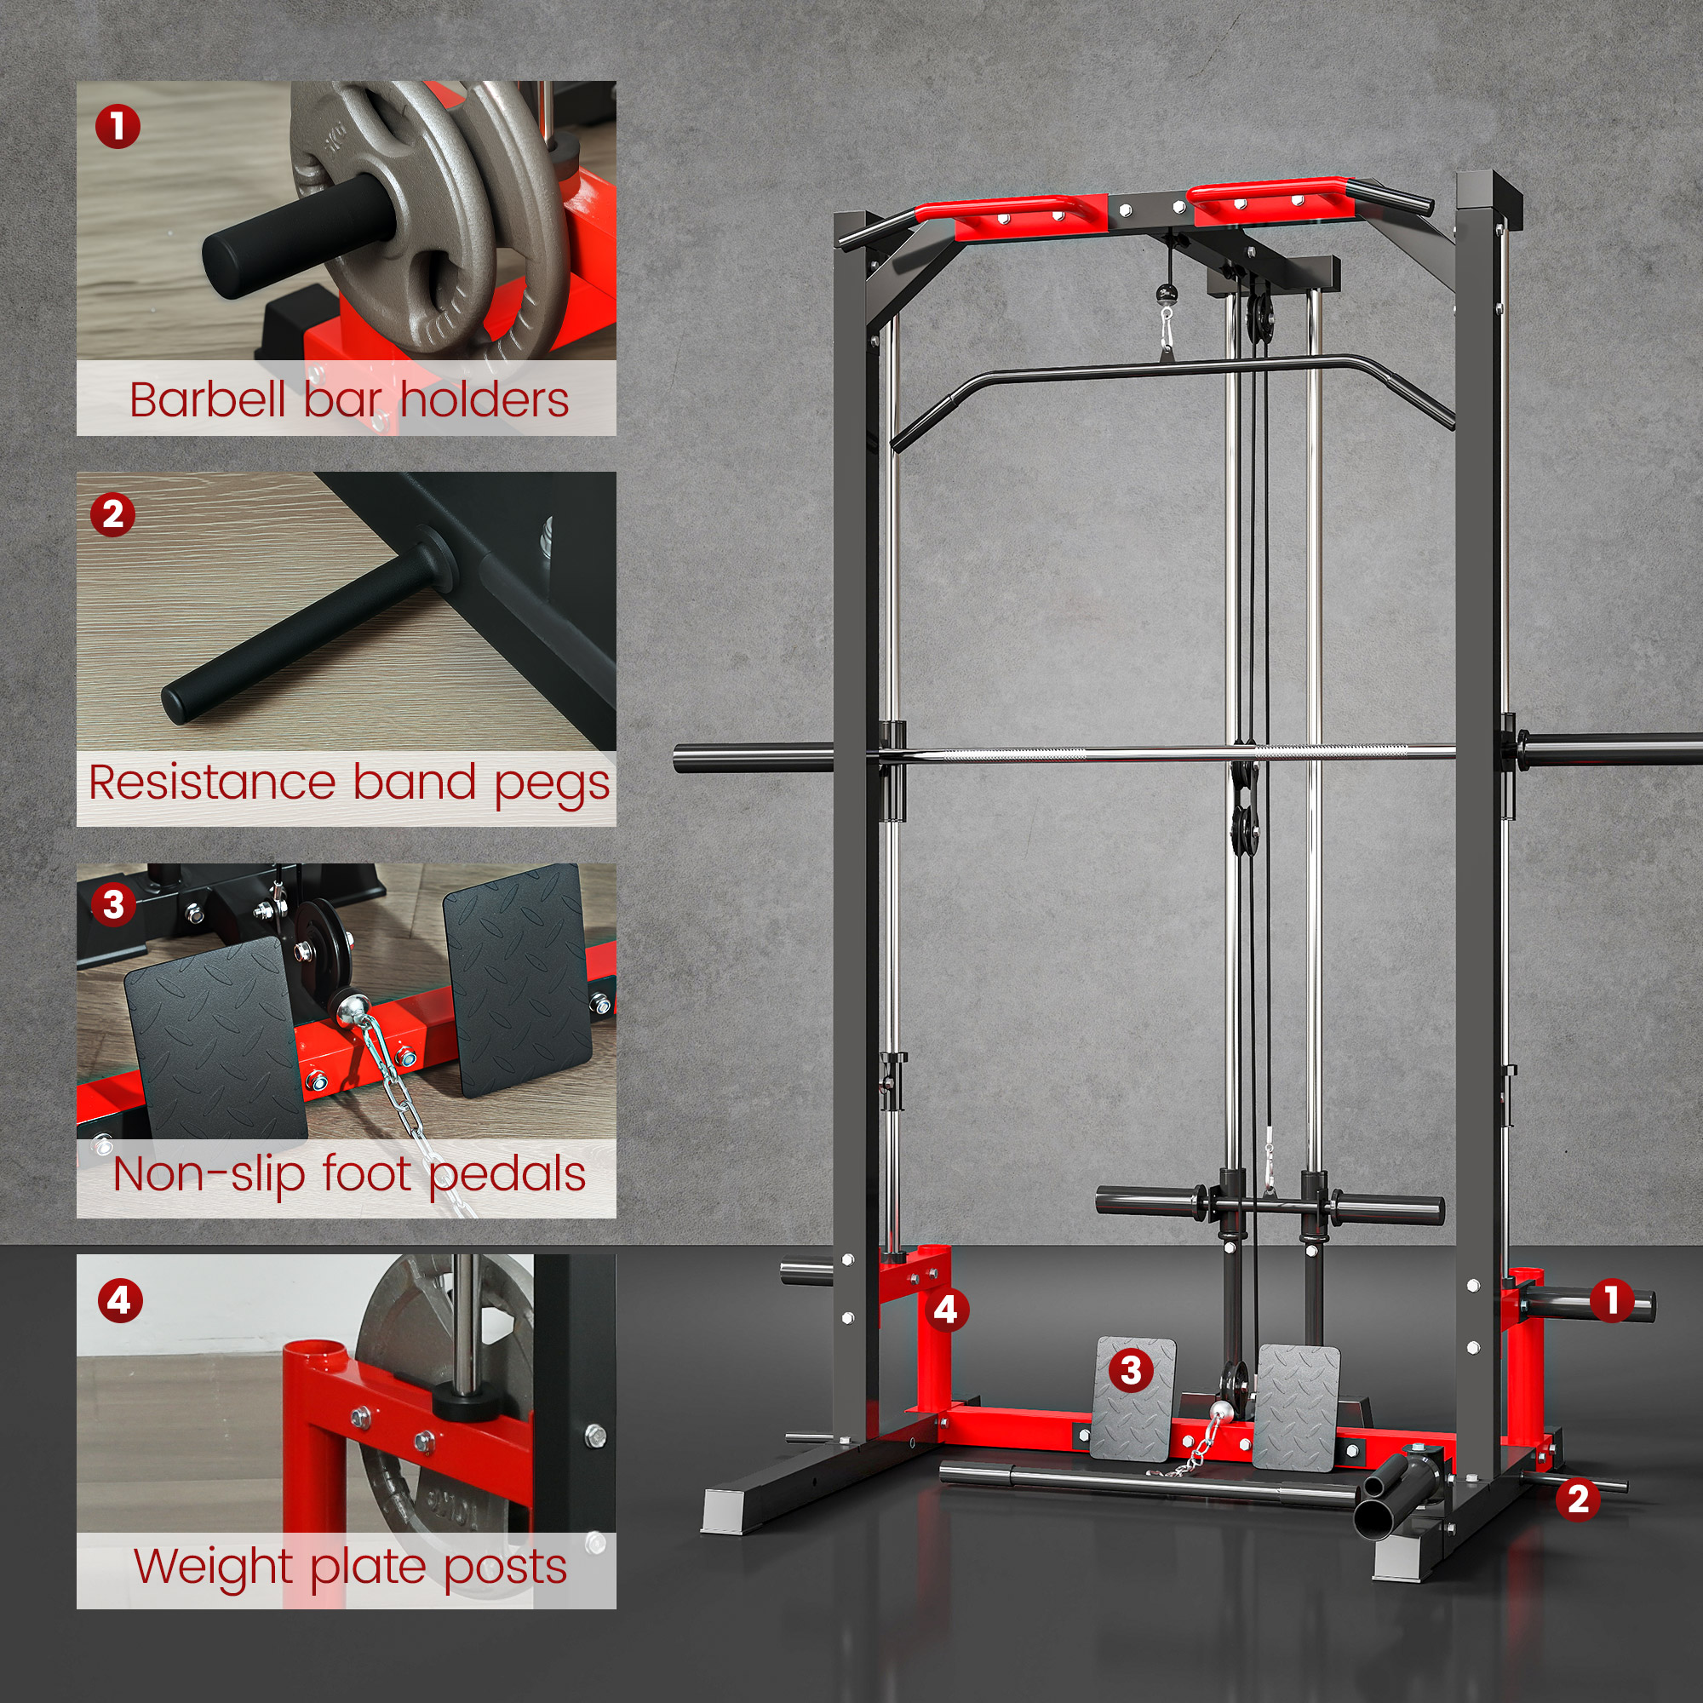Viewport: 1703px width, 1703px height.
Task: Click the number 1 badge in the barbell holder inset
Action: (x=118, y=127)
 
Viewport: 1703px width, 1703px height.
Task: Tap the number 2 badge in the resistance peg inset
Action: (x=113, y=515)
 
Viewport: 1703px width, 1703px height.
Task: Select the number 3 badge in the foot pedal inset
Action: (x=113, y=904)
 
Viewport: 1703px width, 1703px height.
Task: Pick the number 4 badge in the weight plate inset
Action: (x=120, y=1301)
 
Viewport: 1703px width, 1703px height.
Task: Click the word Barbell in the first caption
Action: (x=208, y=399)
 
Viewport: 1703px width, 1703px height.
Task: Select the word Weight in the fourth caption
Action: (x=215, y=1567)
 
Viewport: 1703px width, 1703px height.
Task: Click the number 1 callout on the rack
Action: (x=1612, y=1299)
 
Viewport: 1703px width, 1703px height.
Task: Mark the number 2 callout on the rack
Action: (x=1578, y=1499)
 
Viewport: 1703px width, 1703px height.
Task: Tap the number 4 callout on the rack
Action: (x=946, y=1310)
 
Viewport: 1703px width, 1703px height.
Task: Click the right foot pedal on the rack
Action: (x=1296, y=1408)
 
